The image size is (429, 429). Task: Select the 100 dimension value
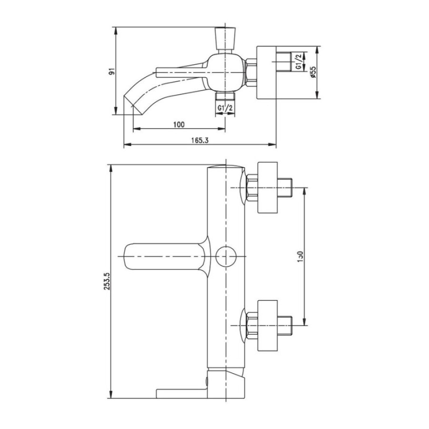pyautogui.click(x=179, y=124)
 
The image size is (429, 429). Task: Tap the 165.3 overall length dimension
pyautogui.click(x=200, y=140)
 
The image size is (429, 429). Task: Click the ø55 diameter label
pyautogui.click(x=313, y=72)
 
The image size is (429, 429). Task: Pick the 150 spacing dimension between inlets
pyautogui.click(x=300, y=256)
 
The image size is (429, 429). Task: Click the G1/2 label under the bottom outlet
pyautogui.click(x=225, y=108)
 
